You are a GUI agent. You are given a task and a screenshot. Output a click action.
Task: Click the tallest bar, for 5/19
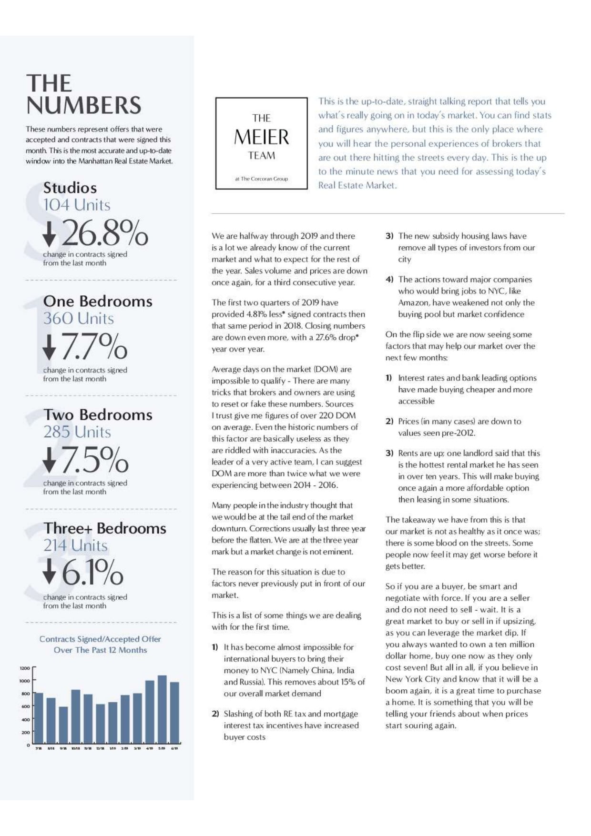[162, 710]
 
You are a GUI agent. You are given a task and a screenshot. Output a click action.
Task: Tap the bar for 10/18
[76, 717]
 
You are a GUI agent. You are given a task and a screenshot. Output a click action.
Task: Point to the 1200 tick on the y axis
[25, 668]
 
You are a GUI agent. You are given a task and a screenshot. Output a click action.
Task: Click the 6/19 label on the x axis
[174, 748]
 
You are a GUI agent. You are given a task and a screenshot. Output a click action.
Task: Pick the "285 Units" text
[77, 432]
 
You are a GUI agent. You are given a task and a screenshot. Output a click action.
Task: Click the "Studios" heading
[70, 188]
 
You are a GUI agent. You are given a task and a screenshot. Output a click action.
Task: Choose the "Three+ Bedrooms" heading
[105, 528]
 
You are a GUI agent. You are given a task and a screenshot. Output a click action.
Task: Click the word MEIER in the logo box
[261, 137]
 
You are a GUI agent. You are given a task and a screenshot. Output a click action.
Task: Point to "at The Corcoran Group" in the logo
[261, 179]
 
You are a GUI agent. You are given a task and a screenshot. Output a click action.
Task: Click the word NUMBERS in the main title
[84, 105]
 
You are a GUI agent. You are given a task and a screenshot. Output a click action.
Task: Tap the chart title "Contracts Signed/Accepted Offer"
[100, 639]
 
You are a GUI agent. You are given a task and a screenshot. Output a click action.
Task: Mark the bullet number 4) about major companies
[389, 280]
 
